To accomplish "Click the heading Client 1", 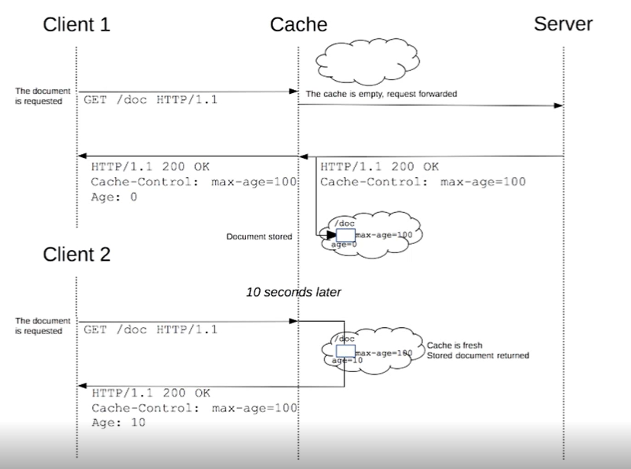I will [76, 24].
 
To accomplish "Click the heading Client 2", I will [76, 254].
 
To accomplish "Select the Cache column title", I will [298, 24].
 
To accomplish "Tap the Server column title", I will [563, 24].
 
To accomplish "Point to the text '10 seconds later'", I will [293, 292].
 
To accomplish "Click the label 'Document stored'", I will [259, 237].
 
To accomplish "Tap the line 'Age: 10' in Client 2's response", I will [118, 422].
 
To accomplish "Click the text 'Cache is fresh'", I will [455, 345].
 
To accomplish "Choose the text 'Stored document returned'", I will [478, 355].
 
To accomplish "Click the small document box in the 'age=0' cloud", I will [346, 235].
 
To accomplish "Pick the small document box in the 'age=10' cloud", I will [346, 351].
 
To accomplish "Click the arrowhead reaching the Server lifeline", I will [559, 107].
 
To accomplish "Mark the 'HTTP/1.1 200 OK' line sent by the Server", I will [379, 166].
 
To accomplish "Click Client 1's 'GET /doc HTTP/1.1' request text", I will [150, 100].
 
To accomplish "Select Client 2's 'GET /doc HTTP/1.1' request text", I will [150, 329].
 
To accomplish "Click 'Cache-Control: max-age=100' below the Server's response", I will [422, 181].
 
